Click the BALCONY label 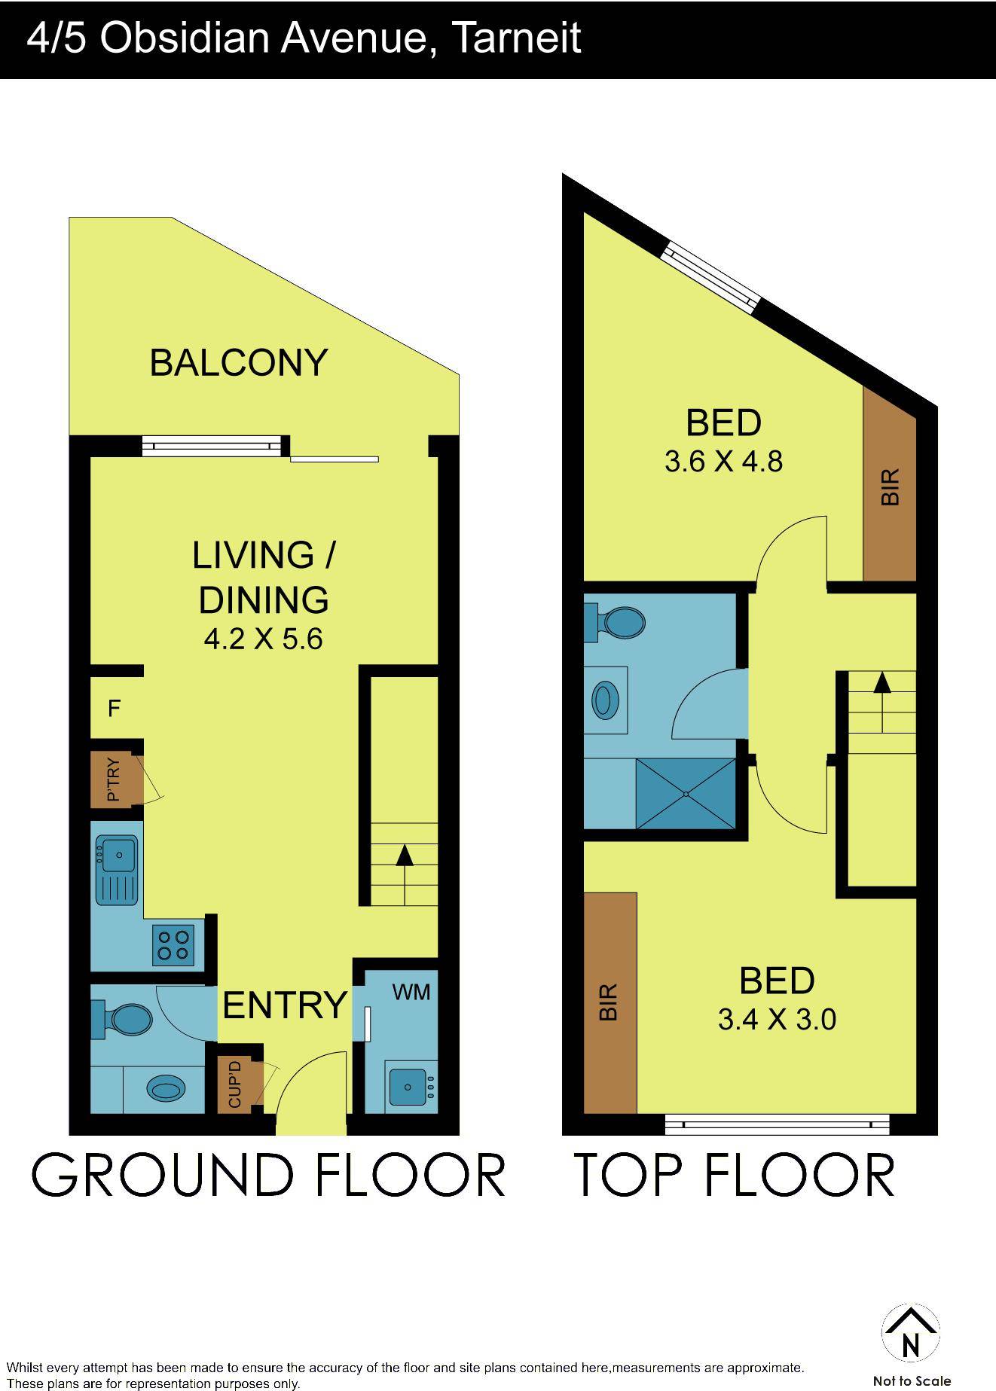pos(238,362)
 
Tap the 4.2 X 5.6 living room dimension pos(263,639)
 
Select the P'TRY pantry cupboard pos(115,780)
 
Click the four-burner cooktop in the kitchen pos(173,944)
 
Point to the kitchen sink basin pos(118,854)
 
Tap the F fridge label pos(115,708)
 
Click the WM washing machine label pos(411,992)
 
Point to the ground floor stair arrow pos(405,856)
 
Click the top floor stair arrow pos(881,683)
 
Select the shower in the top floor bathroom pos(686,793)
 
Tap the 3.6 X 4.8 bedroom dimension pos(723,461)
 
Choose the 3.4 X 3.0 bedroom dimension pos(777,1020)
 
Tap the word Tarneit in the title pos(516,38)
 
